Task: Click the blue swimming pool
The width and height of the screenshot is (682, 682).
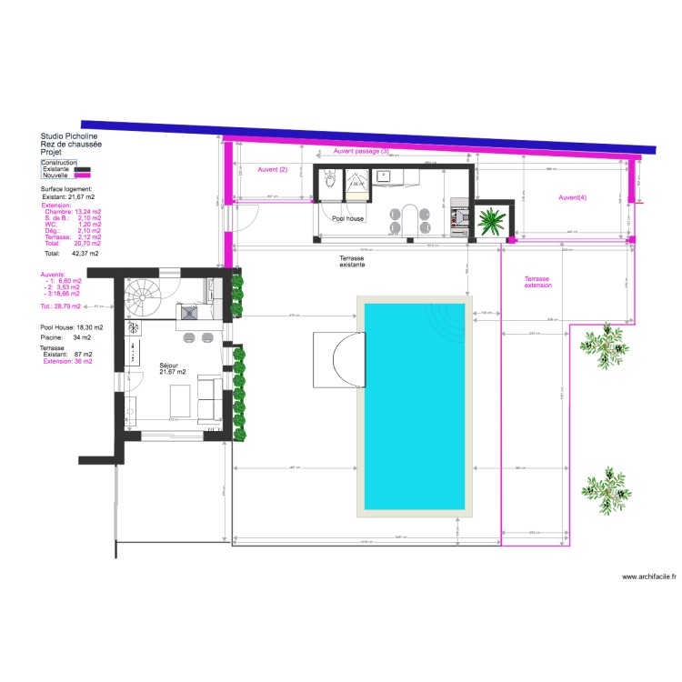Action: (415, 406)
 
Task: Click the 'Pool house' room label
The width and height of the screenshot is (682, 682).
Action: (347, 219)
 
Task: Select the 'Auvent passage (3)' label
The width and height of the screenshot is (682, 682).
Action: (361, 152)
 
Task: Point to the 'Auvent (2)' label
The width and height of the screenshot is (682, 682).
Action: (272, 170)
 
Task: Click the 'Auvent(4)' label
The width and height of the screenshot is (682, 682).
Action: (572, 197)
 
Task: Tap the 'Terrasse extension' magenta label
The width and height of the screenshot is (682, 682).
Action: (537, 282)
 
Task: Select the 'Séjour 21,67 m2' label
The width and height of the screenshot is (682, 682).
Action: (171, 367)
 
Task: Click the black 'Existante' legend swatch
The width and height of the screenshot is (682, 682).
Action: (83, 169)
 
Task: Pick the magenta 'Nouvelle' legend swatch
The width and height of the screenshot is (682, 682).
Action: (83, 176)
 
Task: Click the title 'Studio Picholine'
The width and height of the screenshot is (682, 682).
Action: (69, 136)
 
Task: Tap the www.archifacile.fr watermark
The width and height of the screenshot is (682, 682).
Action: (647, 577)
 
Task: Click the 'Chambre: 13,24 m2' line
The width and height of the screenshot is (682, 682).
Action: (73, 212)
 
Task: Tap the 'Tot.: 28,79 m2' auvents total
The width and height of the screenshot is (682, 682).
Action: (60, 306)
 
